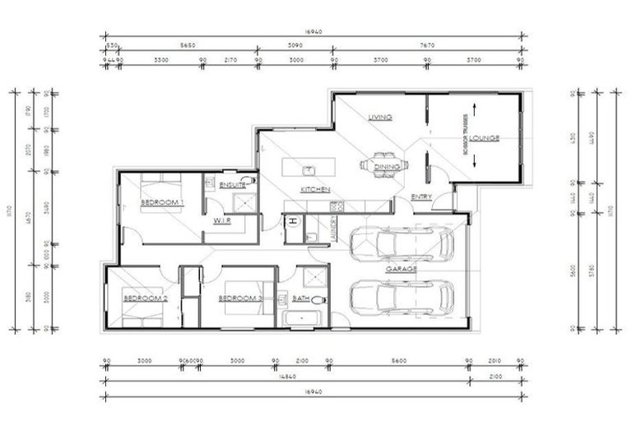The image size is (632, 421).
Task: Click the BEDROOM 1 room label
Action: click(x=162, y=202)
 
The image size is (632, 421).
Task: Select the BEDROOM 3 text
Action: click(x=240, y=298)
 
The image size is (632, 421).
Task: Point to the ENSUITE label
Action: click(x=221, y=186)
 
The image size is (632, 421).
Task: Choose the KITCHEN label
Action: click(x=315, y=189)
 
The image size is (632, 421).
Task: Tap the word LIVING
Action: click(x=381, y=118)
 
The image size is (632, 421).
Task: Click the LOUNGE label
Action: click(x=486, y=138)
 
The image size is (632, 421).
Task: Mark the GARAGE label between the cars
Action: click(x=402, y=269)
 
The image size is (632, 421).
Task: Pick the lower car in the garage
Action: click(x=402, y=297)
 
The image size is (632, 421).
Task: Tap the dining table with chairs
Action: click(x=381, y=164)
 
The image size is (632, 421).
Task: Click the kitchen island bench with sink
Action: click(x=306, y=168)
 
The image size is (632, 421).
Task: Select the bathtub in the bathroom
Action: click(x=302, y=318)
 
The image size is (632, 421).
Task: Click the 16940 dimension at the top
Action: click(x=312, y=33)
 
